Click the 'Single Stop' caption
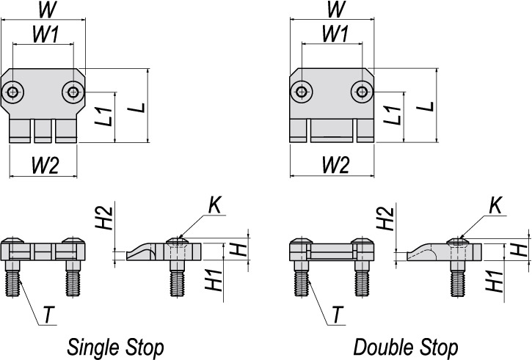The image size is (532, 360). click(115, 347)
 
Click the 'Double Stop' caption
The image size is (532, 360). click(406, 347)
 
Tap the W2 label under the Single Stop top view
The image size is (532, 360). click(45, 166)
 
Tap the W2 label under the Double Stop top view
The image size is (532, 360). click(335, 166)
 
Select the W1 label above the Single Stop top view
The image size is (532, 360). click(45, 34)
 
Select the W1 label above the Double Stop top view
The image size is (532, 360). click(335, 34)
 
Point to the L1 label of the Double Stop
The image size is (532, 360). click(393, 115)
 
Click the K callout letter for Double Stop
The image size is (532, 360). click(496, 205)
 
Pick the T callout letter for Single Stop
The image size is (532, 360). click(49, 315)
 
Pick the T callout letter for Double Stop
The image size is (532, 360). click(338, 315)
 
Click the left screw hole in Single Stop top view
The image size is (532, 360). click(13, 92)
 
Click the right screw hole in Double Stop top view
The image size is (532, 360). click(362, 92)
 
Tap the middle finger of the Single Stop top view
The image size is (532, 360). click(43, 131)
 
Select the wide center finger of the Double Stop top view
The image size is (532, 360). click(332, 131)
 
